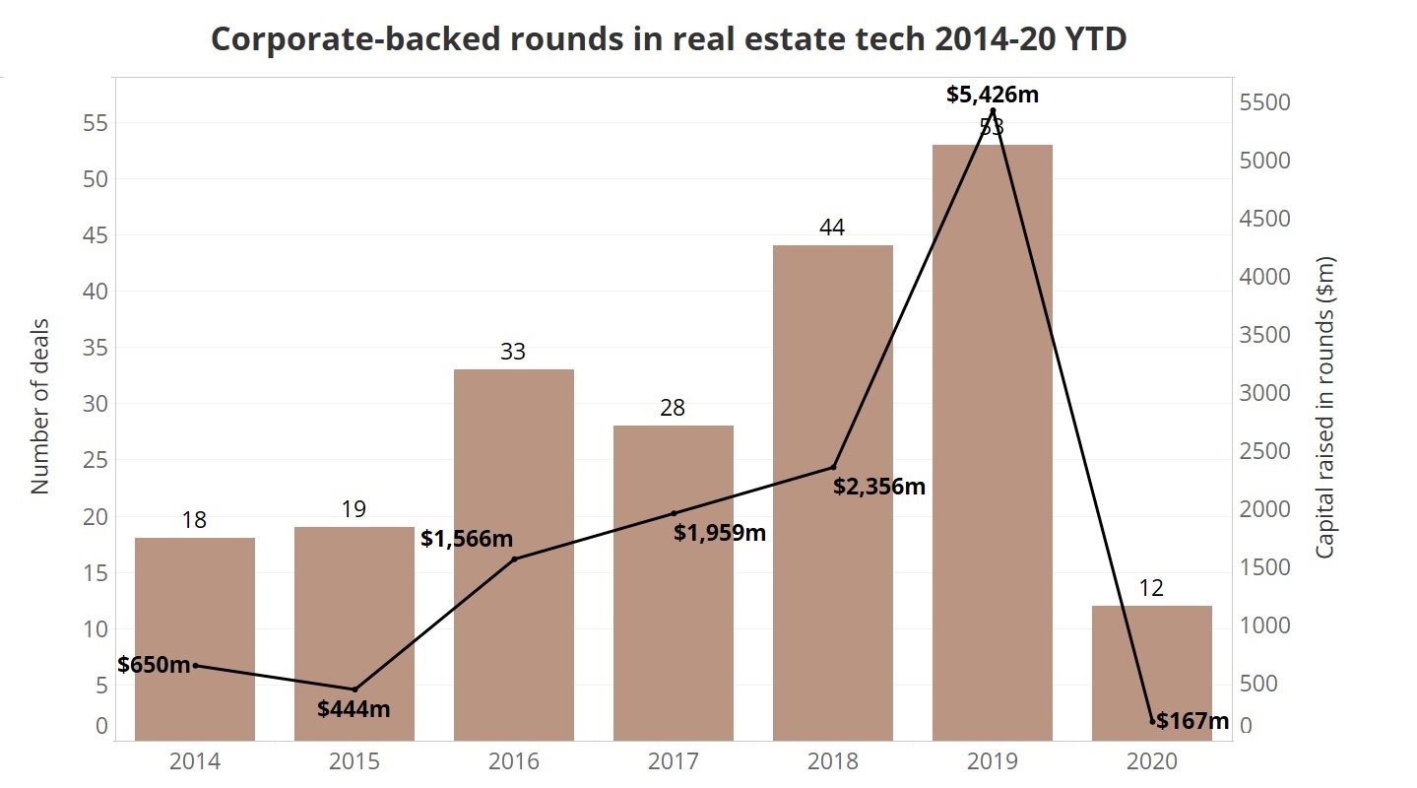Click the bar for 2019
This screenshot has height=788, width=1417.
click(x=992, y=443)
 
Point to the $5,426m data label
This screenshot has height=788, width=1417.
click(x=993, y=96)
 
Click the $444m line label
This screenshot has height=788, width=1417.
click(x=354, y=708)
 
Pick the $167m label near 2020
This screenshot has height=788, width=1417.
click(x=1192, y=721)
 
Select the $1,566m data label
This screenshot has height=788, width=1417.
click(x=467, y=539)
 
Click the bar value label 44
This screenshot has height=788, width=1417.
click(x=832, y=228)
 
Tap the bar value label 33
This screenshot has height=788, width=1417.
click(x=513, y=352)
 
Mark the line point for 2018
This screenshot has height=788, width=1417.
click(x=833, y=467)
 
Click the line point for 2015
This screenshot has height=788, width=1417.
click(x=354, y=689)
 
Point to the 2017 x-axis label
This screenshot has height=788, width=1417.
click(x=673, y=761)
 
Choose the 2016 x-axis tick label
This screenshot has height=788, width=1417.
click(x=513, y=761)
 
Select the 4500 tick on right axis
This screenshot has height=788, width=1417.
click(x=1263, y=219)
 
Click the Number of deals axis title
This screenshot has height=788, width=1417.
click(x=40, y=405)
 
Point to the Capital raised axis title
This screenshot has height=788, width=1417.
click(x=1325, y=407)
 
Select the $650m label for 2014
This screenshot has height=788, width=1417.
click(x=154, y=665)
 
